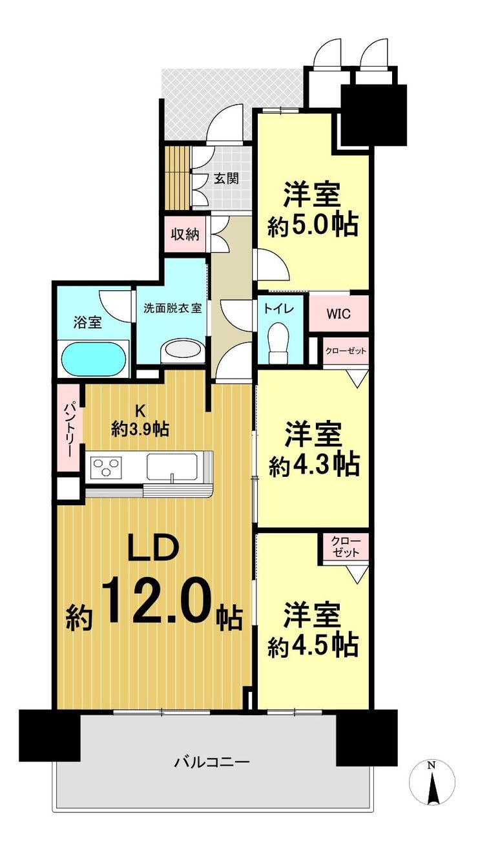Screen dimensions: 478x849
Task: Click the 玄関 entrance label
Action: pos(226,178)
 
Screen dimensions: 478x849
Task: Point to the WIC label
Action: pos(338,314)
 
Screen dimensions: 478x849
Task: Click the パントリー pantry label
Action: pos(69,428)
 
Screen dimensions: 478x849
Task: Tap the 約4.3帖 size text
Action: pos(314,465)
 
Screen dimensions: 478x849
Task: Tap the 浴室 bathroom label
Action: pos(88,322)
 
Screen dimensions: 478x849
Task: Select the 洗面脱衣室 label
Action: pos(172,308)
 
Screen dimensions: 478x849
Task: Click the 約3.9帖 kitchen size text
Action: pos(140,430)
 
